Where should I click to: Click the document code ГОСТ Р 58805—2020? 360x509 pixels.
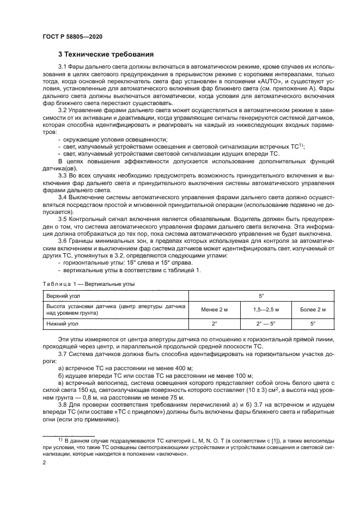pyautogui.click(x=72, y=36)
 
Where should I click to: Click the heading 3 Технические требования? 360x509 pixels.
pyautogui.click(x=106, y=54)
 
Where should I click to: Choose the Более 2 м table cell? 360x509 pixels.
pyautogui.click(x=313, y=309)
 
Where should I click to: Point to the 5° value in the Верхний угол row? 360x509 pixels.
pyautogui.click(x=260, y=295)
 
